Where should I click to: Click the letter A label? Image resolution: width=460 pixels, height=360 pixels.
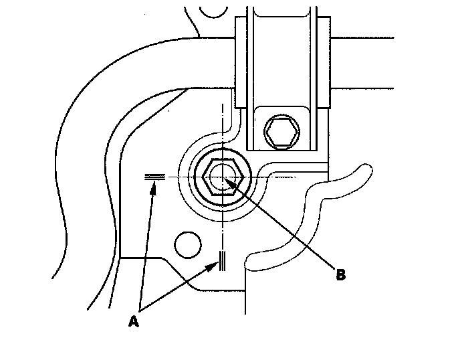coord(134,322)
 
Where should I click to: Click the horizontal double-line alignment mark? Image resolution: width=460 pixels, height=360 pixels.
coord(154,177)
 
